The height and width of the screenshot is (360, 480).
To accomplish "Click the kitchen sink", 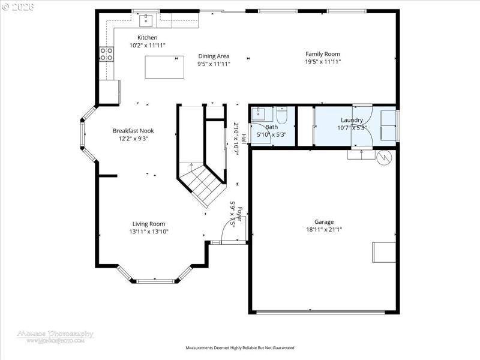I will pos(146,21).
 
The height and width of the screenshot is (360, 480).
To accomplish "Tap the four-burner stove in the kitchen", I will pos(107,55).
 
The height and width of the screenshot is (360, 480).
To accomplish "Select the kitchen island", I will pos(164,67).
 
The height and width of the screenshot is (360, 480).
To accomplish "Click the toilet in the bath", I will pos(283,114).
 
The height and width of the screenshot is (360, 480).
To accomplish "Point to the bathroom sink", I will pos(260,114).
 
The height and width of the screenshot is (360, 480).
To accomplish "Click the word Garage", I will pos(324,221).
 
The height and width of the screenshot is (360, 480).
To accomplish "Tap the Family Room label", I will pos(323,54).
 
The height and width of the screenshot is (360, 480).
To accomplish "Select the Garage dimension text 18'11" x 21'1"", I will pos(324,229).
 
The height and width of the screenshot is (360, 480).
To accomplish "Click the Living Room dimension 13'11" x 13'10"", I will pos(148,231).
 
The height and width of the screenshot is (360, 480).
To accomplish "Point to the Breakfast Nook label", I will pos(133,131).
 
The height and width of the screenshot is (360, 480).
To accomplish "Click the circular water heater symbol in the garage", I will pos(383,157).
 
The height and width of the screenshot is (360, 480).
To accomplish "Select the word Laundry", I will pos(352,120).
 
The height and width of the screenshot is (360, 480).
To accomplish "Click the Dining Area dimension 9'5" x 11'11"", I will pos(214,64).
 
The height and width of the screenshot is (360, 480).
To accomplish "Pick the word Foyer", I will pos(240,214).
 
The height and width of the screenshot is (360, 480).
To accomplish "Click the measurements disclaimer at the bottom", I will pos(240,348).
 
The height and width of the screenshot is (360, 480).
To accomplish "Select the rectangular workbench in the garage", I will pos(383,252).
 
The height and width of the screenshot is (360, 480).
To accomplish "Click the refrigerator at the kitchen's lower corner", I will pos(109,92).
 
